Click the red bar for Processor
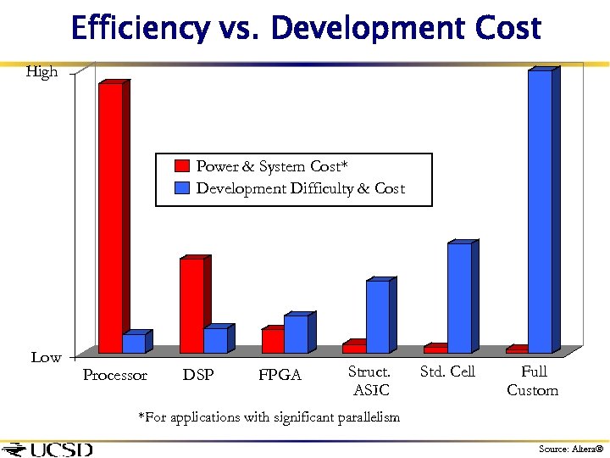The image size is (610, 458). (x=110, y=217)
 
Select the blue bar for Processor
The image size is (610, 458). (x=134, y=343)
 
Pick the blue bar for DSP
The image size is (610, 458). (x=215, y=340)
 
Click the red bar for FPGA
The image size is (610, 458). (x=273, y=340)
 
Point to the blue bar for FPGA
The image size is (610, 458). (x=296, y=334)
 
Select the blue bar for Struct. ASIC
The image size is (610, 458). (x=378, y=316)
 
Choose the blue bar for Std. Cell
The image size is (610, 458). (x=459, y=298)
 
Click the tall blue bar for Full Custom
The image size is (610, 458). (x=540, y=211)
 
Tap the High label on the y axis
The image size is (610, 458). (x=42, y=72)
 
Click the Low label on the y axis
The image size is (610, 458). (x=46, y=357)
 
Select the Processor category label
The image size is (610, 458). (x=115, y=375)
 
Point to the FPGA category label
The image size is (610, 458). (x=280, y=375)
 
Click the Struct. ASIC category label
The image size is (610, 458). (x=369, y=381)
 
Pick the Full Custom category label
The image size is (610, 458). (x=533, y=381)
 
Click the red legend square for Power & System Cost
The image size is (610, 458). (x=181, y=166)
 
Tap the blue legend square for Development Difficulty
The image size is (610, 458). (x=181, y=188)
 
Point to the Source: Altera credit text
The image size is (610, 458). (x=571, y=449)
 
